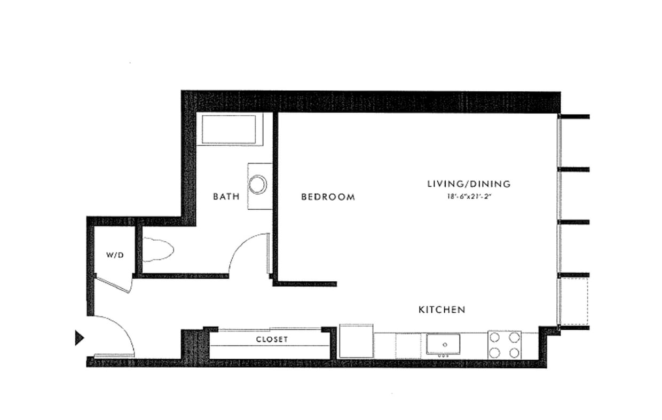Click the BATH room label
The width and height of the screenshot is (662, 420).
coord(226,196)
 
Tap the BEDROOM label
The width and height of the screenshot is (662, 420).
coord(328,197)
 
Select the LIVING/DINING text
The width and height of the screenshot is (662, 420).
coord(469,184)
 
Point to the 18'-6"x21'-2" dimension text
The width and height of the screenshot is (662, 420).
coord(469,196)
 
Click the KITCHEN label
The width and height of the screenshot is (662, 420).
coord(442,310)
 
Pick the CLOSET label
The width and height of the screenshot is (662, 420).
coord(272,339)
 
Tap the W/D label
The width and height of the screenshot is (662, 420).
coord(115,255)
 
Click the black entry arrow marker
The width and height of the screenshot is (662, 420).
coord(80,338)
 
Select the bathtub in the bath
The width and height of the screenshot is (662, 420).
coord(230,129)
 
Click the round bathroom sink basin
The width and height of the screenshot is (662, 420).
coord(258,184)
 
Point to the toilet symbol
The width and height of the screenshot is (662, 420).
coord(158,250)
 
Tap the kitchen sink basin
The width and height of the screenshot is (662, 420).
coord(443,344)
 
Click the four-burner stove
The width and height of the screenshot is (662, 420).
coord(505,345)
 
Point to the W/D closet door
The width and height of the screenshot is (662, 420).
coord(114,284)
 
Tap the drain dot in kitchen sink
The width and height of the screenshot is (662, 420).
coord(444,345)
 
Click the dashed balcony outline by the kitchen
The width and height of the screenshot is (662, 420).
coord(574,301)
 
